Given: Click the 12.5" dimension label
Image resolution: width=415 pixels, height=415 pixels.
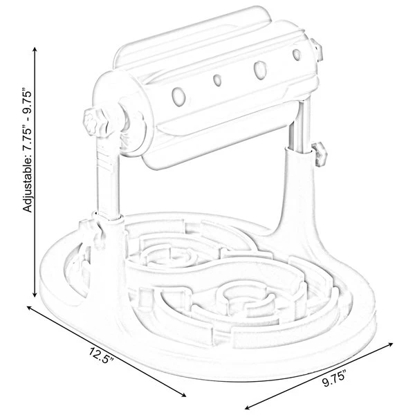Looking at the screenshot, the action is pos(101,355).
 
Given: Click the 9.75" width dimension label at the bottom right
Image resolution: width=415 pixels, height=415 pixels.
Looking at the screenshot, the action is pos(334,380).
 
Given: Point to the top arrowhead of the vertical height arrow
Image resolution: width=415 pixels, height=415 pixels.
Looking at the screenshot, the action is pos(35,49).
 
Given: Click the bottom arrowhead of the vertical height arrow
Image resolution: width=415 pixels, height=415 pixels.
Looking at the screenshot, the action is pos(35,295).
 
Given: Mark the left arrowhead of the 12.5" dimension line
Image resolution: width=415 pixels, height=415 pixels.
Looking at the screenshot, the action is pos(29,308).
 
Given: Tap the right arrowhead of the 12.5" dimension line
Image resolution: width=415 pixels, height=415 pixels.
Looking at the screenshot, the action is pos(183,395).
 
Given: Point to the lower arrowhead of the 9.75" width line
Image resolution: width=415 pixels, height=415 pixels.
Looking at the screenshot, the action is pos(248,407).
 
